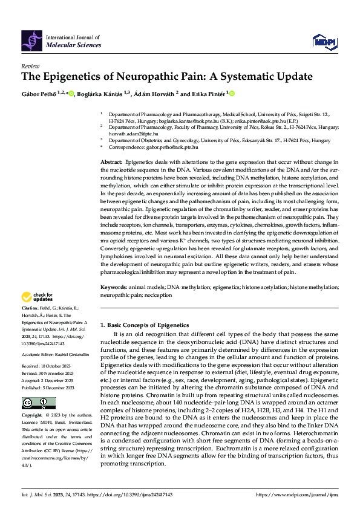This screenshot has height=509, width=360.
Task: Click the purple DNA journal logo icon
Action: [31, 40]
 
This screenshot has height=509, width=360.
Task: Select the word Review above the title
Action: [30, 66]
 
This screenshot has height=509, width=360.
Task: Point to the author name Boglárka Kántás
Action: [99, 94]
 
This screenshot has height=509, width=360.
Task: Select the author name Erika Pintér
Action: [207, 94]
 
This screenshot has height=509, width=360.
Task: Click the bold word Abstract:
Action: [111, 163]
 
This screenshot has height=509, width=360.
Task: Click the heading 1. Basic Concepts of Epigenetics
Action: [145, 325]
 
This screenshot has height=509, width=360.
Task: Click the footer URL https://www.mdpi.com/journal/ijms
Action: [296, 494]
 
